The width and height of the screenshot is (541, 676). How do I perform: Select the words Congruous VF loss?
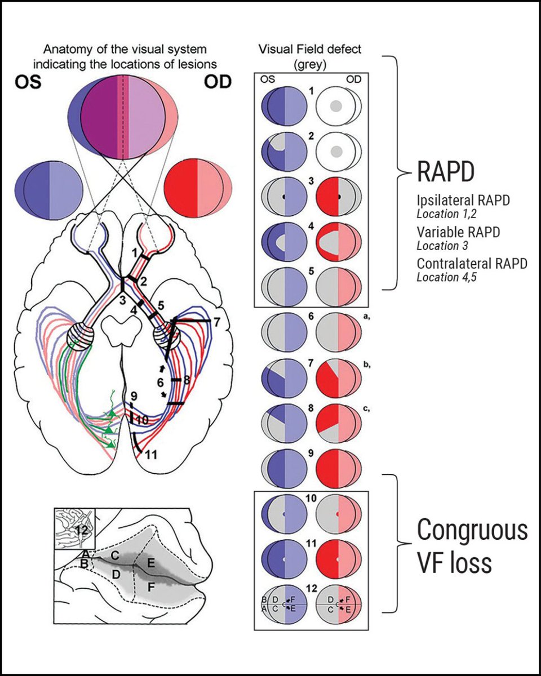(472, 547)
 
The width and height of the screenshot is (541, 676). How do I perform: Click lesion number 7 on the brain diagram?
(217, 322)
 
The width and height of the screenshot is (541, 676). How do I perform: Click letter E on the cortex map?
(150, 563)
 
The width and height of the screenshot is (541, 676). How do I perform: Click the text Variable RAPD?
(451, 232)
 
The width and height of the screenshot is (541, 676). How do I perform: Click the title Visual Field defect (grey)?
(311, 57)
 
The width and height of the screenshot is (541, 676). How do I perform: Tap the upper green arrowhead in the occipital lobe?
(113, 414)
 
